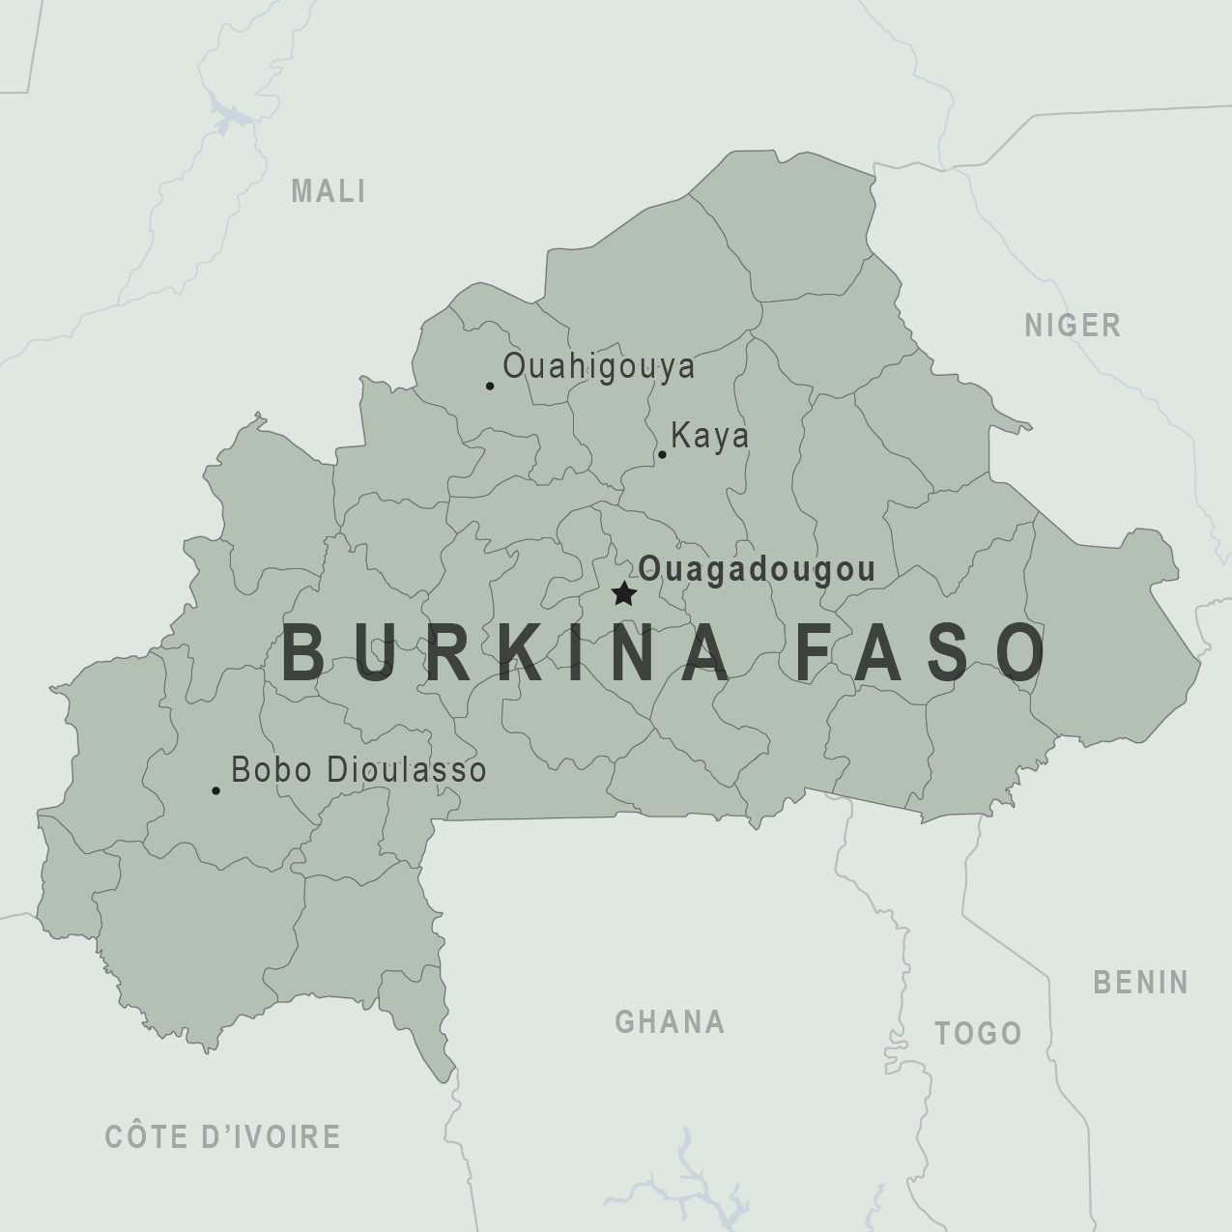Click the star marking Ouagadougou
[624, 593]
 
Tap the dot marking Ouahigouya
[490, 386]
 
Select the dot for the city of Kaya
[662, 454]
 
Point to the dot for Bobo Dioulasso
[215, 790]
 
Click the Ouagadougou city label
[757, 569]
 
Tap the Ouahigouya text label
[598, 366]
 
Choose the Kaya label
[709, 436]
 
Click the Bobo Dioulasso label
[358, 769]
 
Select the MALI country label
[329, 191]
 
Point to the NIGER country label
[1073, 326]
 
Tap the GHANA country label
[670, 1021]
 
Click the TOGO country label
[978, 1033]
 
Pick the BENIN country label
[1140, 983]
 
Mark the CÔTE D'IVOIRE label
[222, 1136]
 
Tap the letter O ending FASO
[1020, 652]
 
